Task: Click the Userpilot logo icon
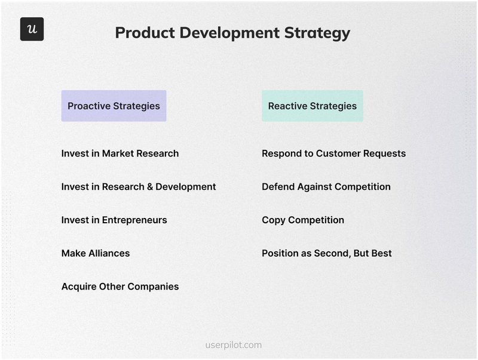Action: [x=32, y=29]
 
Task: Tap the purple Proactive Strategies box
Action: [x=114, y=106]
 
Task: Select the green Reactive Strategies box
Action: [x=312, y=106]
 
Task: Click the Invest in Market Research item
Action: [x=119, y=153]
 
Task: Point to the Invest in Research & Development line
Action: [x=138, y=187]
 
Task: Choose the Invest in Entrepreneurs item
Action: [x=114, y=220]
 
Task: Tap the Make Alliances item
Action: [x=95, y=253]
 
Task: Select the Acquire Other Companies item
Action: [x=119, y=287]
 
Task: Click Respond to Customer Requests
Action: [x=333, y=153]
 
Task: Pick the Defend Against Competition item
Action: [x=326, y=187]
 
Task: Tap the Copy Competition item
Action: [x=302, y=220]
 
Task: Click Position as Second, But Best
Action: [x=326, y=253]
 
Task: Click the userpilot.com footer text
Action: [x=233, y=345]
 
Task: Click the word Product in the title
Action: [x=141, y=33]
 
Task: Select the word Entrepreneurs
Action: [x=134, y=220]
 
